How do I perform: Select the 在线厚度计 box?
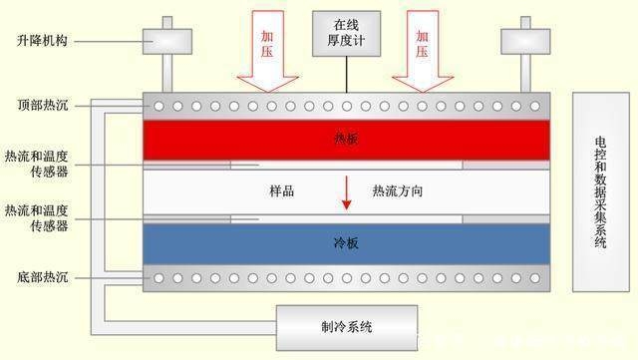[x=346, y=32]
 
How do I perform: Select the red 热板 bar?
[x=346, y=140]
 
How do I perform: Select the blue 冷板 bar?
[x=346, y=242]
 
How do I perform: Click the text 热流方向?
[x=397, y=190]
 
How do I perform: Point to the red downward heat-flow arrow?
[x=346, y=191]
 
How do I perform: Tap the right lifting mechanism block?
[x=524, y=41]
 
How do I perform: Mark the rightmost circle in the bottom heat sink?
[x=535, y=277]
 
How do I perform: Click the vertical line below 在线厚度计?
[x=346, y=74]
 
